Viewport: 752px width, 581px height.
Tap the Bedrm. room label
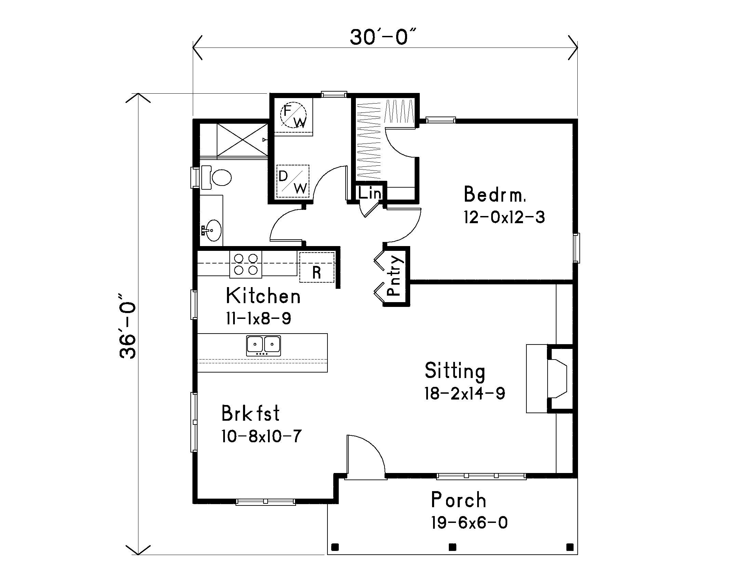click(495, 194)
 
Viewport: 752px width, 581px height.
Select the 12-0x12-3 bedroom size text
click(504, 217)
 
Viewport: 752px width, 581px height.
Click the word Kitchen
click(263, 296)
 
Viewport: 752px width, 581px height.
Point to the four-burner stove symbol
click(246, 264)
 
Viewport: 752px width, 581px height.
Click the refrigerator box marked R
click(317, 268)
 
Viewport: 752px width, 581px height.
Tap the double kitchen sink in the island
click(264, 346)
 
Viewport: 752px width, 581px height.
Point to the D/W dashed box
click(293, 181)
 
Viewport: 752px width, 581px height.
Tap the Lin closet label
click(370, 193)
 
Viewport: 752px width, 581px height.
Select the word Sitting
click(455, 371)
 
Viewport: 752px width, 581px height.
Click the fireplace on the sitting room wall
click(558, 379)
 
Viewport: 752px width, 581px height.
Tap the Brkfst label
click(250, 414)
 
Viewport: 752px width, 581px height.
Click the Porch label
click(458, 500)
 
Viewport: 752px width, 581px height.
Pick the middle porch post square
click(453, 547)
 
